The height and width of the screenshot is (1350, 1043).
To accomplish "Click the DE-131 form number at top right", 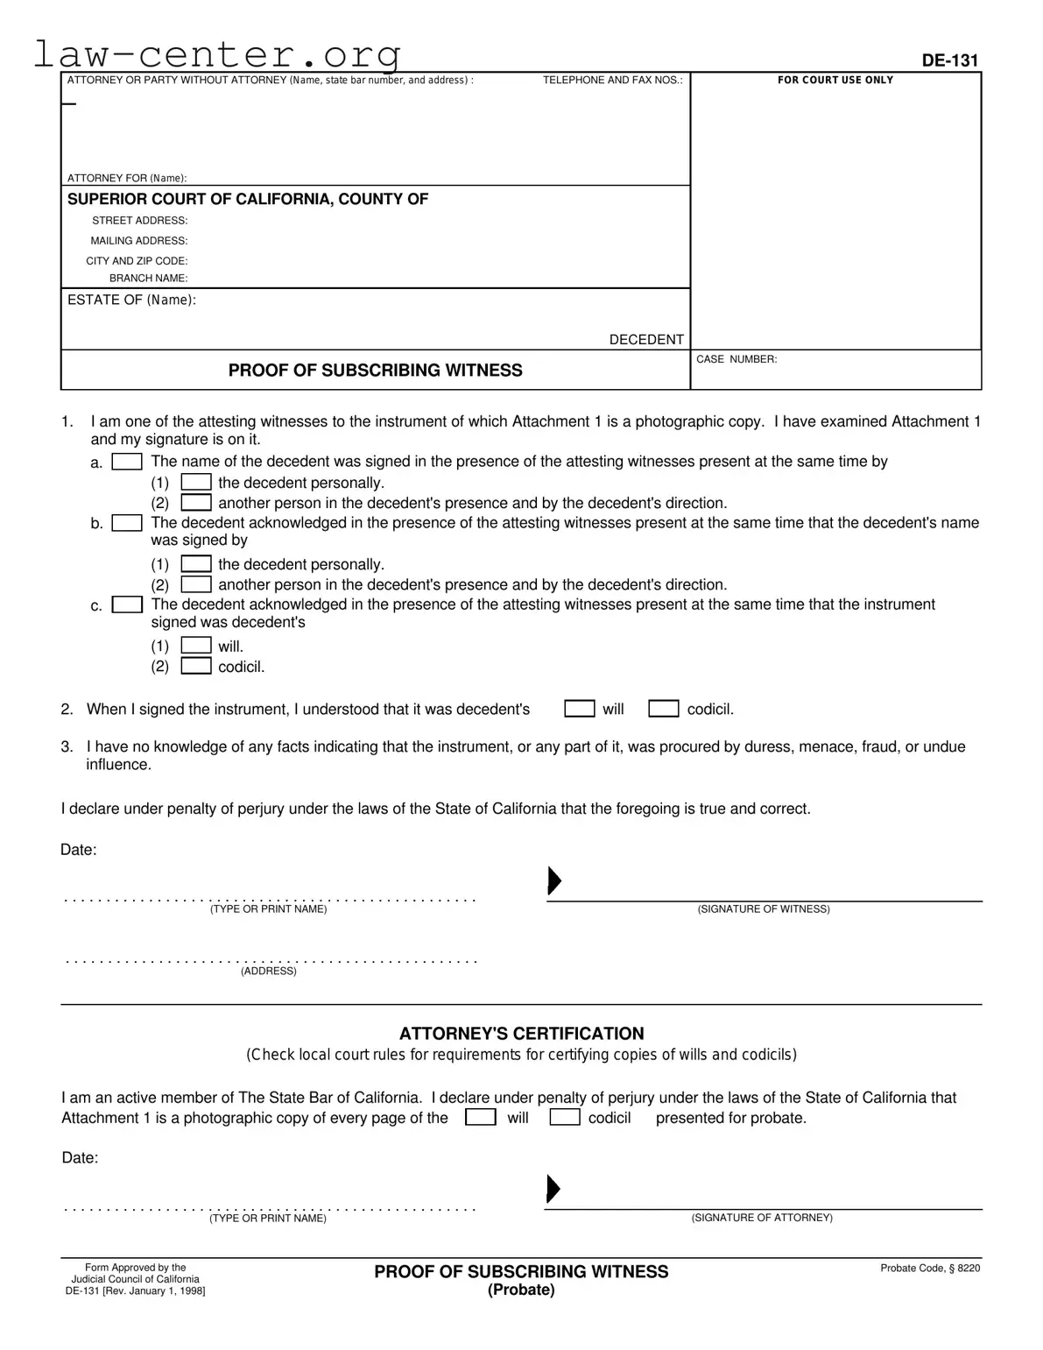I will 949,60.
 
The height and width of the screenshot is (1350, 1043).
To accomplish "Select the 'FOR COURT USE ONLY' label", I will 835,80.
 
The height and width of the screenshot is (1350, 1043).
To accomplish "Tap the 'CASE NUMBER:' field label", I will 736,359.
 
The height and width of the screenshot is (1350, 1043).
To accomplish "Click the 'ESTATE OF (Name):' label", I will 131,300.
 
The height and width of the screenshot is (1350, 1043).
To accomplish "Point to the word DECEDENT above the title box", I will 646,340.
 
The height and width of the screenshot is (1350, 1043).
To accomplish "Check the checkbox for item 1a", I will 127,462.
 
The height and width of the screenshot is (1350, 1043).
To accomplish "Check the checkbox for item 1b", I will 127,523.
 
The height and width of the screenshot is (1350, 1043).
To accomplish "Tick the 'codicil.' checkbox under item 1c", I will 195,667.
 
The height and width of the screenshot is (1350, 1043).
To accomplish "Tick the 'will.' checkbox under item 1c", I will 195,647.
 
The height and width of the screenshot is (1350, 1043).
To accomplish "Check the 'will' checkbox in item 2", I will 579,709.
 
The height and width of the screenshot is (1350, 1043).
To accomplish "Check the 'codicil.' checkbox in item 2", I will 663,709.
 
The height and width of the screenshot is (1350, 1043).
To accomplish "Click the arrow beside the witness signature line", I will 553,880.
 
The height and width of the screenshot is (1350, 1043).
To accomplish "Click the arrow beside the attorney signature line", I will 553,1189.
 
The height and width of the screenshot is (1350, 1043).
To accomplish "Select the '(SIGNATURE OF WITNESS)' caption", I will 763,909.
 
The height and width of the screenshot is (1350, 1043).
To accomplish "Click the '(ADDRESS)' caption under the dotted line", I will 269,972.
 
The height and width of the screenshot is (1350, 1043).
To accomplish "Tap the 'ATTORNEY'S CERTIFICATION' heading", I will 521,1034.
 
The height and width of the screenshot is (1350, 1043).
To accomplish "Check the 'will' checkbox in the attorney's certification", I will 480,1118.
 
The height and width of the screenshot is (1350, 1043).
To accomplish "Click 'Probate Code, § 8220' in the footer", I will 929,1269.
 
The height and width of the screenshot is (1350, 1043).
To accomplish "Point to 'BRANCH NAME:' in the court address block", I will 148,279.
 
